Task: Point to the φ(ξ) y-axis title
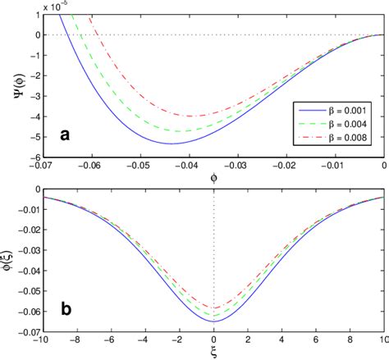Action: click(10, 258)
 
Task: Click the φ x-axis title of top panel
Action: click(214, 175)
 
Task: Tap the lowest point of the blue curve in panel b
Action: click(214, 321)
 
